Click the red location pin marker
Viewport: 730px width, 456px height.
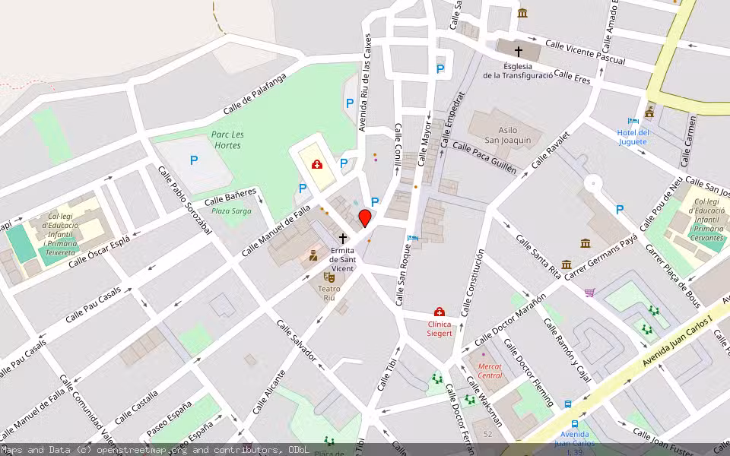pyautogui.click(x=365, y=218)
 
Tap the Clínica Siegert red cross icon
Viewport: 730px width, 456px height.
pyautogui.click(x=439, y=312)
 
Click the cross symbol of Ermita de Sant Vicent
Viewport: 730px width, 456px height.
pyautogui.click(x=343, y=239)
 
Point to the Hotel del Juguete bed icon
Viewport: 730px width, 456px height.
pyautogui.click(x=633, y=122)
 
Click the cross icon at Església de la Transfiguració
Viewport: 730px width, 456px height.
pyautogui.click(x=519, y=52)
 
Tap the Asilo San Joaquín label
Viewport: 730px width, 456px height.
pyautogui.click(x=508, y=135)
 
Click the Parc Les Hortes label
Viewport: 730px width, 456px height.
pyautogui.click(x=228, y=140)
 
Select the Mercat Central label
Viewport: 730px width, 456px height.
pyautogui.click(x=490, y=371)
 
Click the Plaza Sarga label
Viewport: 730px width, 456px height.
pyautogui.click(x=231, y=211)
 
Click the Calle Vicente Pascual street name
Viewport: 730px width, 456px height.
pyautogui.click(x=585, y=52)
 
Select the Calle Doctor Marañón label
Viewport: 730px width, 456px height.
pyautogui.click(x=509, y=318)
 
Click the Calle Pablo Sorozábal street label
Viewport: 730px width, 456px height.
pyautogui.click(x=184, y=201)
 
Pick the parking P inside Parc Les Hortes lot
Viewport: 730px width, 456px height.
pyautogui.click(x=193, y=160)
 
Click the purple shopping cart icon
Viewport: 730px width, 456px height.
pyautogui.click(x=589, y=292)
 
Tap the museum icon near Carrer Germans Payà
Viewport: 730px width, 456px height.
pyautogui.click(x=586, y=243)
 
